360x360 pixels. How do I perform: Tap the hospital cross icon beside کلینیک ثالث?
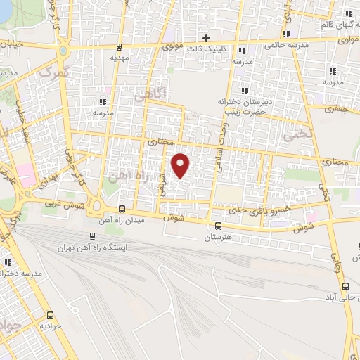click(x=206, y=37)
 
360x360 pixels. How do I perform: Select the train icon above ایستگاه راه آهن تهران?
click(x=93, y=236)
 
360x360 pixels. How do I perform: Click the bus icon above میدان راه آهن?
click(x=122, y=209)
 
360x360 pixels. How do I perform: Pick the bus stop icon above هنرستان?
click(x=218, y=226)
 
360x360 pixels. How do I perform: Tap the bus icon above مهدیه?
click(x=119, y=47)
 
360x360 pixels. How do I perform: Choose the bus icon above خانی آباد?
click(x=345, y=285)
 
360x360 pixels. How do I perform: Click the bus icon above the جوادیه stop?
click(x=50, y=314)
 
